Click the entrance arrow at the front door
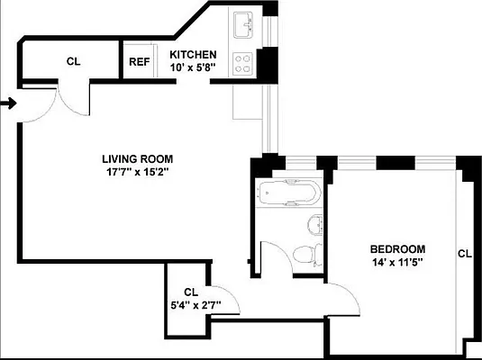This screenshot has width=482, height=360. point(8,104)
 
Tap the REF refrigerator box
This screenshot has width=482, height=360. point(139,62)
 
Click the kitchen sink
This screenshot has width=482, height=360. point(242,24)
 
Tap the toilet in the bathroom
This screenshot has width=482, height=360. point(308,251)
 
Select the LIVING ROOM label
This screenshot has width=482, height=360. point(137,158)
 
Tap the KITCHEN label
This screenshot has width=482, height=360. point(194,53)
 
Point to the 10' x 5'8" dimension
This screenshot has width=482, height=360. point(194,66)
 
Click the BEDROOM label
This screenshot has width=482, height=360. point(397,249)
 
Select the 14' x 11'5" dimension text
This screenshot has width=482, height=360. point(397,263)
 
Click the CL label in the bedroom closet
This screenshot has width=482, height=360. point(464,254)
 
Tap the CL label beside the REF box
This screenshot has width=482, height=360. point(73,61)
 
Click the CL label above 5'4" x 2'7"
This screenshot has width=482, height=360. point(190,292)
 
